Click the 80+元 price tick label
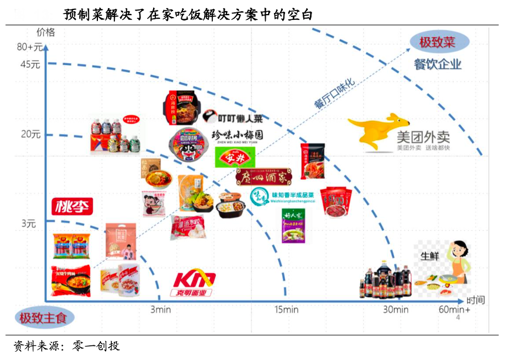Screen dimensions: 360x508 [x=30, y=47]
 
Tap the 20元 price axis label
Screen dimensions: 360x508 [x=31, y=134]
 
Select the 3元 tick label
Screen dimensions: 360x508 [x=29, y=223]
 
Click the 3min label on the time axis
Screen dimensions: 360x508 [x=160, y=310]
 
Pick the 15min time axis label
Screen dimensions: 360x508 [x=286, y=310]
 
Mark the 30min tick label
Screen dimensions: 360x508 [x=396, y=310]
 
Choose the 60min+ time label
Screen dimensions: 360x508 [x=455, y=310]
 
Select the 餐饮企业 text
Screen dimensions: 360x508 [x=437, y=64]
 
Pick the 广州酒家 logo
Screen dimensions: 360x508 [x=262, y=176]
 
